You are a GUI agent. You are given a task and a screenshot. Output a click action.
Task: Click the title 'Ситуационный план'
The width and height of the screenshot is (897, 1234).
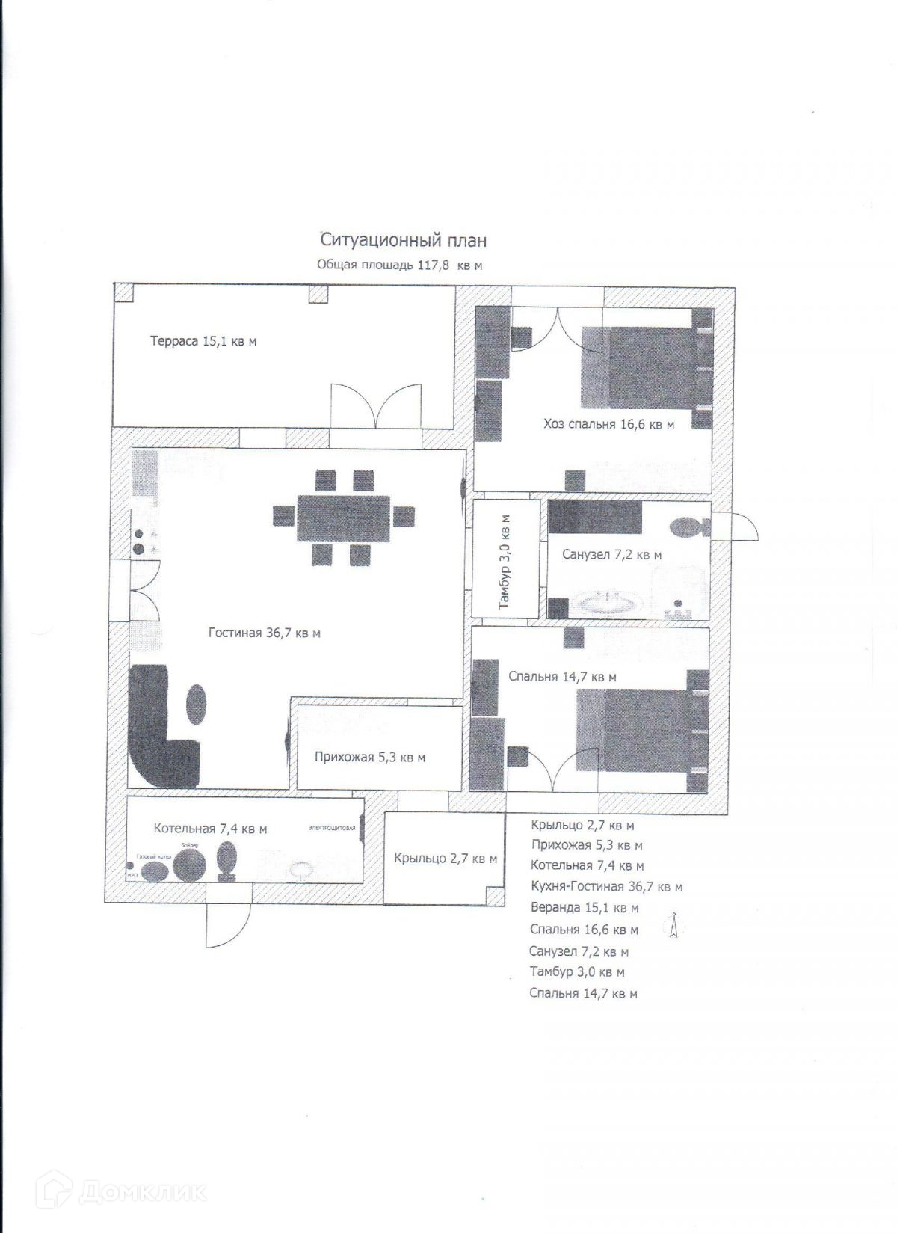(404, 240)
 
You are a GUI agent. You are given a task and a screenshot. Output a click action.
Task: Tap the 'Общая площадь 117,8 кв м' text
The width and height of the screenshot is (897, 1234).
(400, 265)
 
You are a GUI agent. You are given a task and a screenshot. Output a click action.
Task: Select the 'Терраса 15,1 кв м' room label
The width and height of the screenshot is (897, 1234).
(203, 342)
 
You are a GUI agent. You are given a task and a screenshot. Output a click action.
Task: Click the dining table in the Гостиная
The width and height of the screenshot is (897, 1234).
(344, 518)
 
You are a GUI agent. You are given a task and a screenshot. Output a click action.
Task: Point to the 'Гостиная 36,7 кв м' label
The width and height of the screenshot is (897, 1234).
(264, 633)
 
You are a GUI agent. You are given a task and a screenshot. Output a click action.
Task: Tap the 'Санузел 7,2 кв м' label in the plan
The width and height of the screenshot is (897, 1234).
(611, 555)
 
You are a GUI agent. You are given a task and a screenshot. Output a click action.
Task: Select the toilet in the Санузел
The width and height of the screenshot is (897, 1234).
(691, 528)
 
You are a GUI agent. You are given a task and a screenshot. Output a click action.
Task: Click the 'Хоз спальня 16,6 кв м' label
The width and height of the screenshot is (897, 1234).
(608, 425)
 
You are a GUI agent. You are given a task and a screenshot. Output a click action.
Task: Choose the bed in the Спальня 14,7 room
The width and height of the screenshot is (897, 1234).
(643, 730)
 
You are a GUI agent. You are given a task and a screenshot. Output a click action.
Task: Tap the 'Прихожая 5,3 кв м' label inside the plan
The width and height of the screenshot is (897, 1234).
(370, 757)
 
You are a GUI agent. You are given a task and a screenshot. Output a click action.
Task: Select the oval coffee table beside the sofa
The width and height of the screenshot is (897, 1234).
(196, 704)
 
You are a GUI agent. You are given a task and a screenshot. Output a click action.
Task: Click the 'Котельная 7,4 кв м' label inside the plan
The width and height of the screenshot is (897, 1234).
(210, 829)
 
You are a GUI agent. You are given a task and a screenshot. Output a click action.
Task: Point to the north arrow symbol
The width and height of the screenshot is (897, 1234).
(673, 925)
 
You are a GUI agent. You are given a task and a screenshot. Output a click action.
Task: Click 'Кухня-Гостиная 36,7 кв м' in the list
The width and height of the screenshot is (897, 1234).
(606, 887)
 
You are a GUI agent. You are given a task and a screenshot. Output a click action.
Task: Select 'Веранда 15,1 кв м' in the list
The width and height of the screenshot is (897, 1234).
(585, 908)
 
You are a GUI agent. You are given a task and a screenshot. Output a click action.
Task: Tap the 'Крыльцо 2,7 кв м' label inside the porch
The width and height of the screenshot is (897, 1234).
(446, 859)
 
